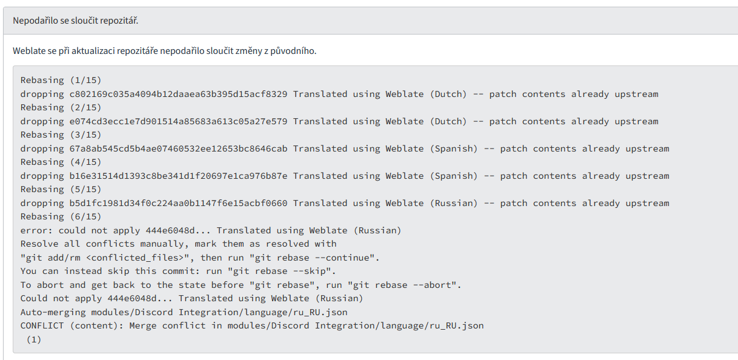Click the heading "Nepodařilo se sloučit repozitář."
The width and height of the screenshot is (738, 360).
[76, 21]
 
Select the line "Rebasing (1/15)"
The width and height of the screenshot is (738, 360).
[61, 80]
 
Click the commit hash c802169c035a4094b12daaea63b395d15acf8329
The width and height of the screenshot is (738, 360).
[178, 94]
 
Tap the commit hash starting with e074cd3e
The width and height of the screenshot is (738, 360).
[178, 121]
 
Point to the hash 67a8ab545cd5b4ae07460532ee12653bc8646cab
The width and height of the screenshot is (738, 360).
[178, 148]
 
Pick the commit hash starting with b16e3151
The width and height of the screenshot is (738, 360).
[178, 176]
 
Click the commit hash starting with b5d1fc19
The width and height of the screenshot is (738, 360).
[178, 203]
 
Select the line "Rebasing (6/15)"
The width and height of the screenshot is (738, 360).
[61, 216]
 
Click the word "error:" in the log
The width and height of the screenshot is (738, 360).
[36, 230]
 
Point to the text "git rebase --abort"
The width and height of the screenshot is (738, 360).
[402, 285]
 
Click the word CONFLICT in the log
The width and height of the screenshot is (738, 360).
[42, 325]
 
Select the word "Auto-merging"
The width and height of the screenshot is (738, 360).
[53, 312]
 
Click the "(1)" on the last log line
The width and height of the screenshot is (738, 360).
[34, 339]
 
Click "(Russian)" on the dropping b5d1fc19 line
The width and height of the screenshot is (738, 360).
[454, 203]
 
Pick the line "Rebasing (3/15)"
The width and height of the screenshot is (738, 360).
[61, 135]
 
